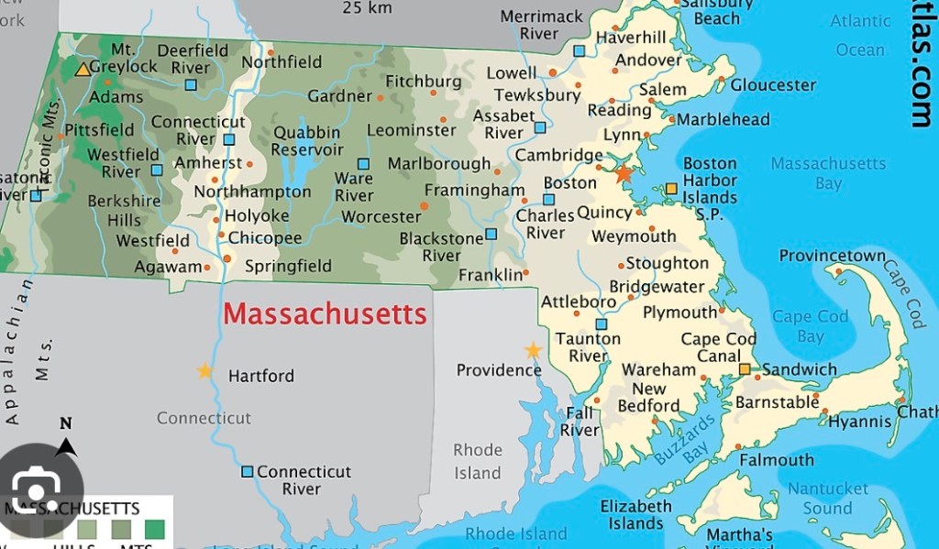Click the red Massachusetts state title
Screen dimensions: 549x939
(x=326, y=314)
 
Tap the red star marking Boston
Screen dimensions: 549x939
(x=624, y=172)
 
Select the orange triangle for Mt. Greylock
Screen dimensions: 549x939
(x=83, y=69)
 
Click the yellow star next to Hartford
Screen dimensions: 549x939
(x=204, y=371)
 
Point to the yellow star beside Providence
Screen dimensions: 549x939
(x=533, y=350)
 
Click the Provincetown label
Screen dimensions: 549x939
(x=833, y=257)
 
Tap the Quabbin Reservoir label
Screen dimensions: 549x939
(x=307, y=140)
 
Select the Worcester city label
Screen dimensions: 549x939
(x=381, y=217)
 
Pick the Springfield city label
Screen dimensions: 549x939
(x=288, y=267)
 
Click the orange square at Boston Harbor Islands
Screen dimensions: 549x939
(x=671, y=188)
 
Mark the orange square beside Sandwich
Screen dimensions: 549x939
(x=745, y=369)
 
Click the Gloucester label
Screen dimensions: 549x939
(x=773, y=85)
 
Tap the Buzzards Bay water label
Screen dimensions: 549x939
(x=685, y=438)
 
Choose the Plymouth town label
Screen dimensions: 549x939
(x=679, y=313)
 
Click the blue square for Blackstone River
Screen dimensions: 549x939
(x=491, y=234)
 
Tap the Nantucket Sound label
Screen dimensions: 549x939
(x=827, y=499)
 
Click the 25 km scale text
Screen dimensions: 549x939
(x=367, y=8)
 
